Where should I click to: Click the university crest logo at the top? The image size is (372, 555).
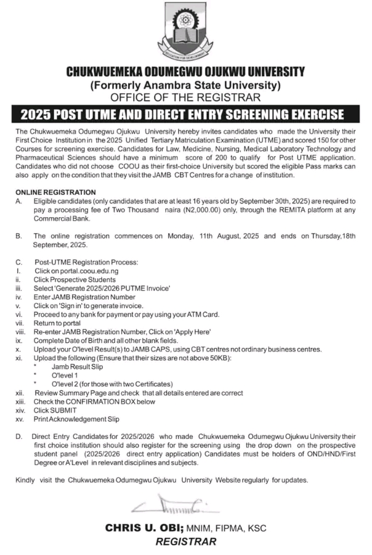coord(186,30)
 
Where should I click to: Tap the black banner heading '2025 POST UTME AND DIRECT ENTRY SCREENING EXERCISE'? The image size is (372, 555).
coord(186,115)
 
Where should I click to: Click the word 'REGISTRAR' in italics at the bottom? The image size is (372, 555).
coord(186,542)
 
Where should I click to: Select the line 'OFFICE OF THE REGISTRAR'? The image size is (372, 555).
coord(186,97)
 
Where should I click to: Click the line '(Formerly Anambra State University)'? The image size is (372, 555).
coord(186,85)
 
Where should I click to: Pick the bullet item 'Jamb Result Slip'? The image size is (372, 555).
coord(78,366)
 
